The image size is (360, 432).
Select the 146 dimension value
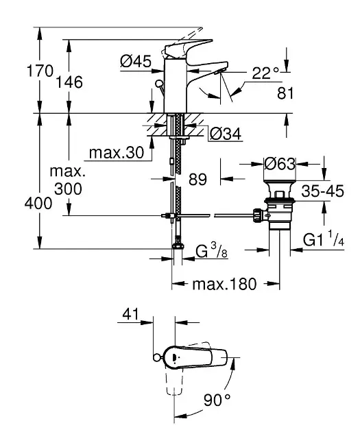69,82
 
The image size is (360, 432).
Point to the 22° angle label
265,73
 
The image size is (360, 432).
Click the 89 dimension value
197,180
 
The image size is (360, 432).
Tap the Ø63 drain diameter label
280,165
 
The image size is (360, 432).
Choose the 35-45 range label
322,192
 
